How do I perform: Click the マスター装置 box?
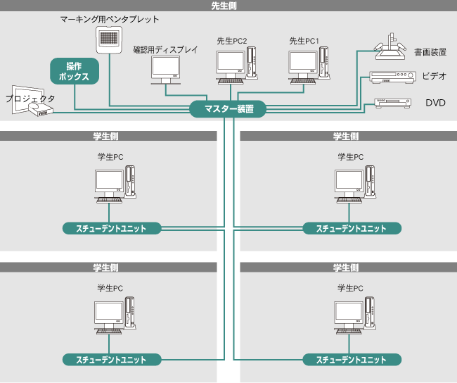[228, 109]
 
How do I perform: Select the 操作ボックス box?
[74, 71]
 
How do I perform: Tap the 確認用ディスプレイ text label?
[165, 50]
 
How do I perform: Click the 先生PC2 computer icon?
[236, 64]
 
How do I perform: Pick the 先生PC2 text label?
[231, 42]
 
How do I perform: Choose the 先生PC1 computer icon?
[309, 64]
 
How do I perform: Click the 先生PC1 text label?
[304, 42]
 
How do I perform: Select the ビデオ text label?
[435, 76]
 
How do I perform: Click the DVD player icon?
[392, 103]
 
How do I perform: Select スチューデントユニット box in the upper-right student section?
[352, 228]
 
